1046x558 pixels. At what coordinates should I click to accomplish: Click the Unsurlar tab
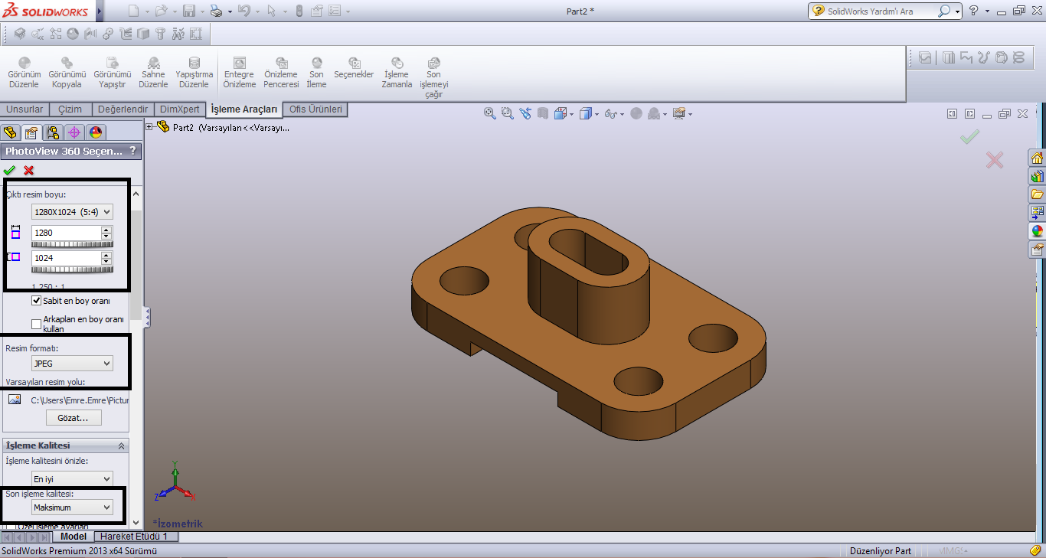click(x=25, y=109)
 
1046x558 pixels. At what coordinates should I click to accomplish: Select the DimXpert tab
click(x=179, y=109)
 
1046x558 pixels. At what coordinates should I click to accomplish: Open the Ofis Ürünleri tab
click(x=315, y=109)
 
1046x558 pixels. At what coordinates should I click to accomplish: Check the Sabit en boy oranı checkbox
click(x=37, y=301)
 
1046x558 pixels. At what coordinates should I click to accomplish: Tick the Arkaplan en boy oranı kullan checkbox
click(x=37, y=324)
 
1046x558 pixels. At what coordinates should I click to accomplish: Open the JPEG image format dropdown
click(x=72, y=364)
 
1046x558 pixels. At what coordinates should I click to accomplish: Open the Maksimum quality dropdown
click(x=72, y=507)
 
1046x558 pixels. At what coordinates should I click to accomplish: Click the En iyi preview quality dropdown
click(x=72, y=479)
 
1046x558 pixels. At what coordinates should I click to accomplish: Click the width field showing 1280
click(x=66, y=233)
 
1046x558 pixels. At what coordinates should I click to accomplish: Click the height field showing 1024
click(x=66, y=259)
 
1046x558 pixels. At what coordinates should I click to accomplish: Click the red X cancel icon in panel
click(x=29, y=171)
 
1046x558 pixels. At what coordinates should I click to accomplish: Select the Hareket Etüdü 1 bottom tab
click(x=134, y=537)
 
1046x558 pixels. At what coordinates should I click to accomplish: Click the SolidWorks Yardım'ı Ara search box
click(x=881, y=11)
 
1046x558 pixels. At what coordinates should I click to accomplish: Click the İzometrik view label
click(x=179, y=524)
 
